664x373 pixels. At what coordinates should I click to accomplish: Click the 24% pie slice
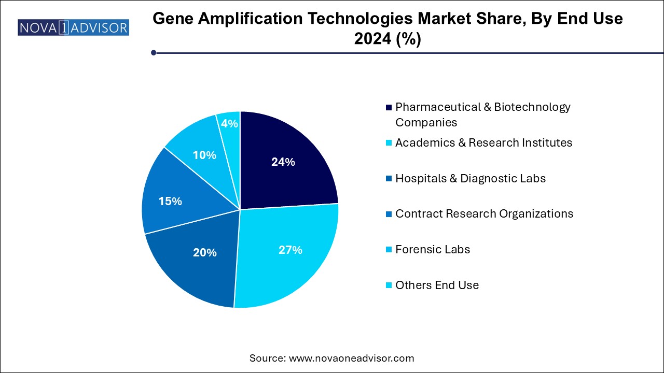click(x=283, y=162)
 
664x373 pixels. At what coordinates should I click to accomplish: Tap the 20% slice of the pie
click(x=204, y=252)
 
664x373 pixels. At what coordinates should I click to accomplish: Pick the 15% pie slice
click(x=170, y=201)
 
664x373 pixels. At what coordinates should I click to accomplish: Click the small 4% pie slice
click(x=230, y=123)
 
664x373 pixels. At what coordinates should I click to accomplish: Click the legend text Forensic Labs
click(x=432, y=249)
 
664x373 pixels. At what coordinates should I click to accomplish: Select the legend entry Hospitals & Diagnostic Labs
click(x=470, y=178)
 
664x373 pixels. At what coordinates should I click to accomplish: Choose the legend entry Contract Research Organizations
click(x=484, y=213)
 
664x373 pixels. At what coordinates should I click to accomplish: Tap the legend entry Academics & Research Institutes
click(x=483, y=142)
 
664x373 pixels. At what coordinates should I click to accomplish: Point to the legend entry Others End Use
click(x=437, y=285)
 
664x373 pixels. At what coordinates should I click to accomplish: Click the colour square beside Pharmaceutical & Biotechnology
click(x=389, y=107)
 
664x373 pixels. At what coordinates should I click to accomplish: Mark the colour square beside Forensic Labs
click(x=389, y=250)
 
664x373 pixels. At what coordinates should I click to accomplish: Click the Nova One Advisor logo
click(x=73, y=27)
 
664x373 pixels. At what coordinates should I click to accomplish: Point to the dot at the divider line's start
click(x=154, y=52)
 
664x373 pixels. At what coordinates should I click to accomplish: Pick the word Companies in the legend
click(x=426, y=122)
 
